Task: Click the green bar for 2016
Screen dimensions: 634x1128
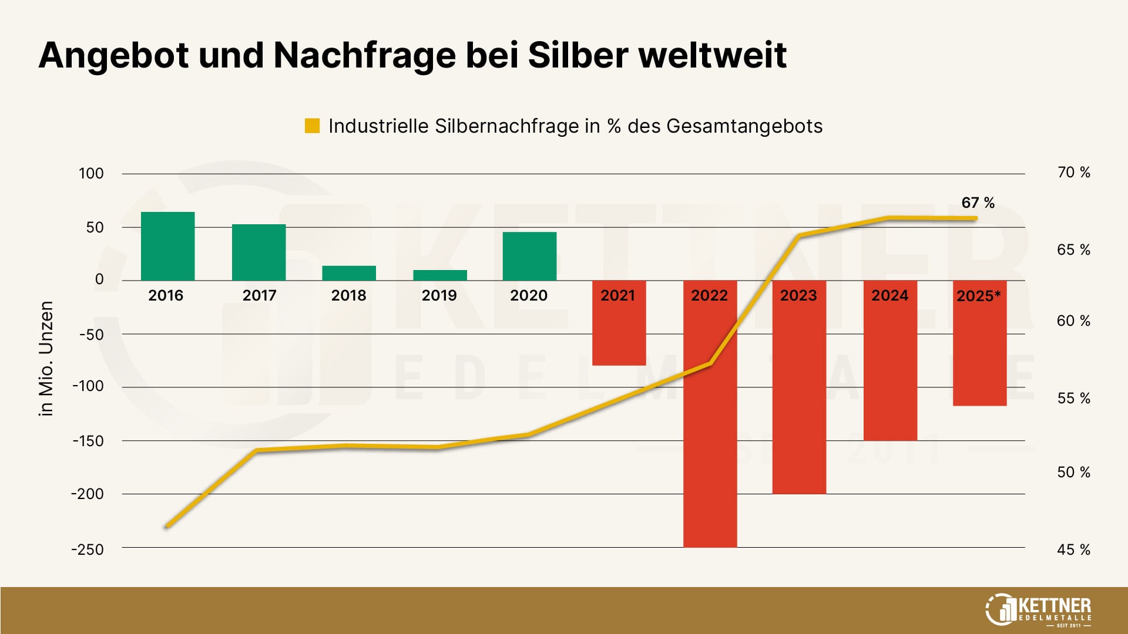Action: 168,246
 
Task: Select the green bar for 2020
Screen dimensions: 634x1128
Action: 529,256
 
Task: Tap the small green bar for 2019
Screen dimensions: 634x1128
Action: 440,275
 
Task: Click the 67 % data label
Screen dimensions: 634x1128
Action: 978,203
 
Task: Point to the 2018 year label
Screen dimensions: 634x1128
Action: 348,295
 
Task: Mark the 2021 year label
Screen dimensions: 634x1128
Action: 617,295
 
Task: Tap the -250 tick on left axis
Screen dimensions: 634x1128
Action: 88,550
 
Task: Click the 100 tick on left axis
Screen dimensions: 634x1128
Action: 91,174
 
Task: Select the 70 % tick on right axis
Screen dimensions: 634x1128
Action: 1073,173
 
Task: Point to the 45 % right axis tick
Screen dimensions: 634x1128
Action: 1073,550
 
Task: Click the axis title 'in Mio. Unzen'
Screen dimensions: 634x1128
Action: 46,358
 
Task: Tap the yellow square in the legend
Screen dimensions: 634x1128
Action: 312,126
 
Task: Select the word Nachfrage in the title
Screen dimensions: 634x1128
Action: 364,56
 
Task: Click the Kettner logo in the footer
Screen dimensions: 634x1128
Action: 1038,610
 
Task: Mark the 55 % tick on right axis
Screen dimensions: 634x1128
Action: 1073,399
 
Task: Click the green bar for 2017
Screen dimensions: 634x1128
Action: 258,252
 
